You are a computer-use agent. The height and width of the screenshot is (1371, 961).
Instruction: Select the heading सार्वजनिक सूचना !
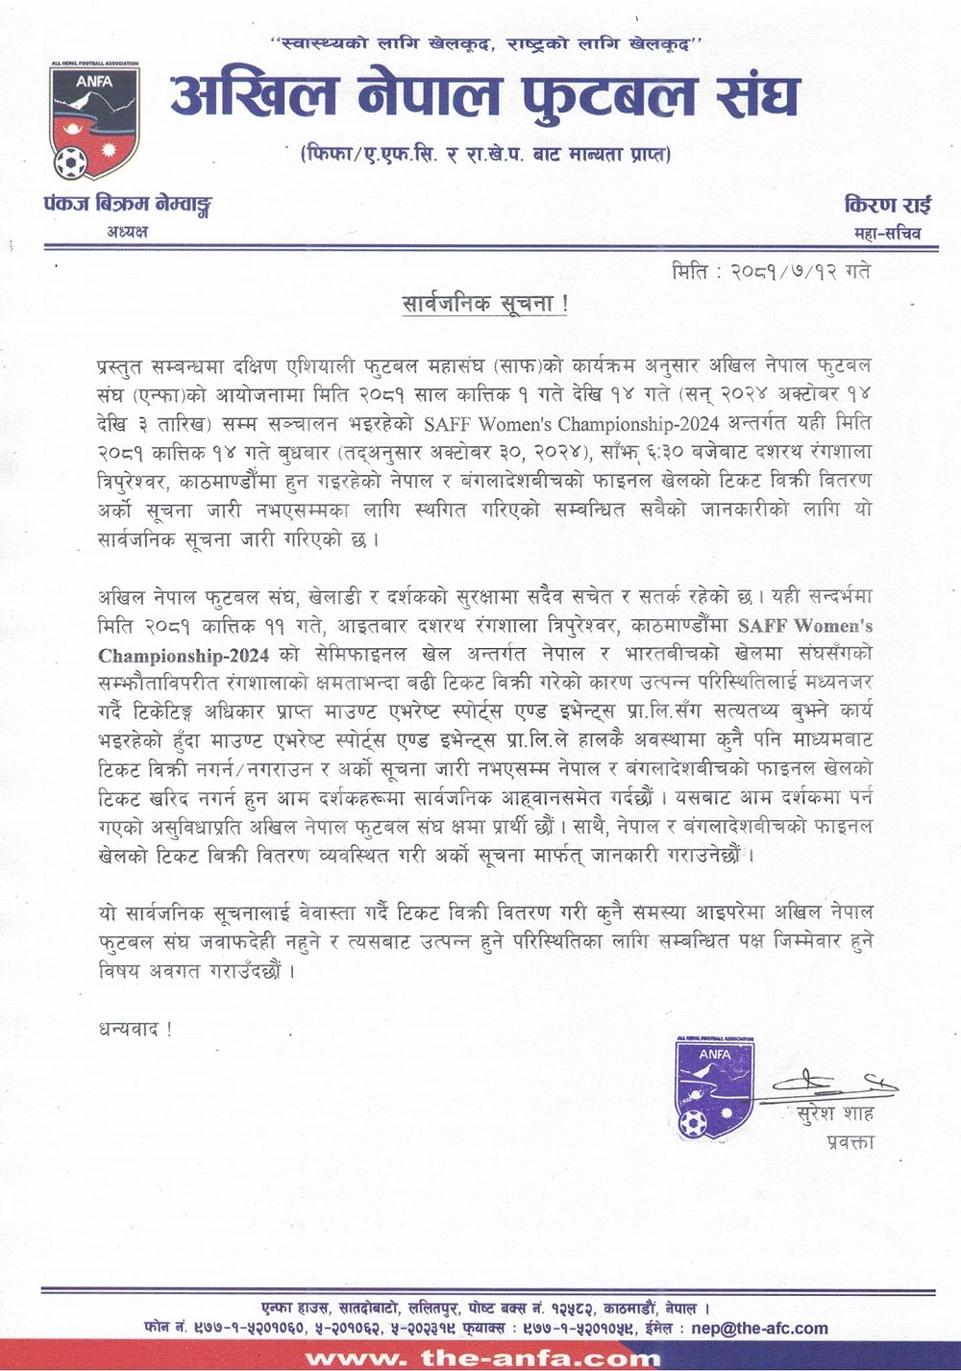(x=485, y=305)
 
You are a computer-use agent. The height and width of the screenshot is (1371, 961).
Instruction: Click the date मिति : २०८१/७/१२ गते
(x=771, y=271)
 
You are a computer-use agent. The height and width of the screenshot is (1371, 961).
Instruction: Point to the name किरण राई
(x=887, y=205)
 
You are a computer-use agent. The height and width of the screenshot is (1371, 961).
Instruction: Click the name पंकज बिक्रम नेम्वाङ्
(x=127, y=205)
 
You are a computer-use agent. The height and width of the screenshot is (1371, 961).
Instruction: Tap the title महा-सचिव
(x=887, y=233)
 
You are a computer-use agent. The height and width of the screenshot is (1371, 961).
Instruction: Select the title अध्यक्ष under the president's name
(x=127, y=232)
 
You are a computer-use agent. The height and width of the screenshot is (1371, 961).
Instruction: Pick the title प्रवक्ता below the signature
(x=850, y=1142)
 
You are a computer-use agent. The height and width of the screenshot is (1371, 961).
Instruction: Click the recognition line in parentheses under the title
(x=485, y=154)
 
